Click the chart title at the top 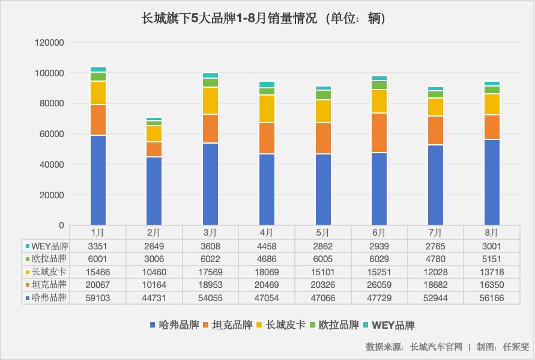tap(267, 19)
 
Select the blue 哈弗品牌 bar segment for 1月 tap(98, 180)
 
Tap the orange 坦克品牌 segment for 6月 tap(379, 133)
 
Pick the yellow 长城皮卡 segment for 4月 tap(267, 109)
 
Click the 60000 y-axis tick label tap(52, 134)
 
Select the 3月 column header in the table tap(210, 233)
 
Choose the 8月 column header tap(491, 233)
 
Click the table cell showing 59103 tap(98, 297)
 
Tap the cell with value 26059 tap(379, 285)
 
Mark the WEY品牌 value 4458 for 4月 tap(267, 246)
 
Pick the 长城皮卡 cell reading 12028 tap(435, 272)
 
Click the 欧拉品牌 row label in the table tap(49, 258)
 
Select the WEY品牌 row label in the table tap(49, 246)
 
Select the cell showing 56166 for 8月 tap(491, 297)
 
